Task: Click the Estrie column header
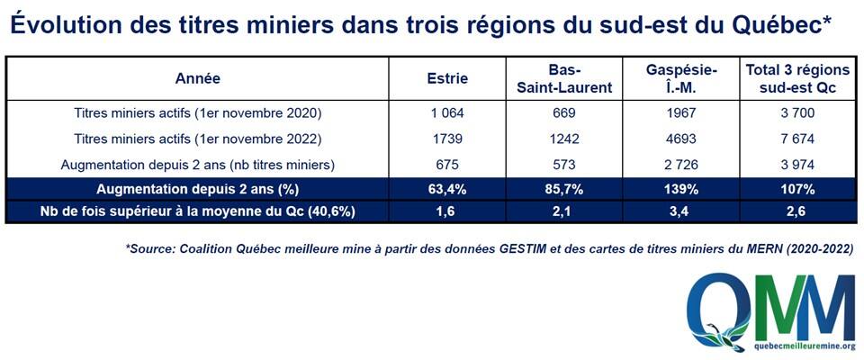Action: click(447, 79)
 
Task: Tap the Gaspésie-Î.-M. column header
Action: click(681, 79)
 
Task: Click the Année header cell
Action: click(197, 79)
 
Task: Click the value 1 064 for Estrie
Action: click(447, 113)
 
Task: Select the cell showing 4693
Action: click(681, 139)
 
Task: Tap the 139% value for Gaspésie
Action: click(681, 190)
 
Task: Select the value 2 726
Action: click(681, 165)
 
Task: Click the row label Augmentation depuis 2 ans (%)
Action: click(197, 190)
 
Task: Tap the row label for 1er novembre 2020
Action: click(197, 113)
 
